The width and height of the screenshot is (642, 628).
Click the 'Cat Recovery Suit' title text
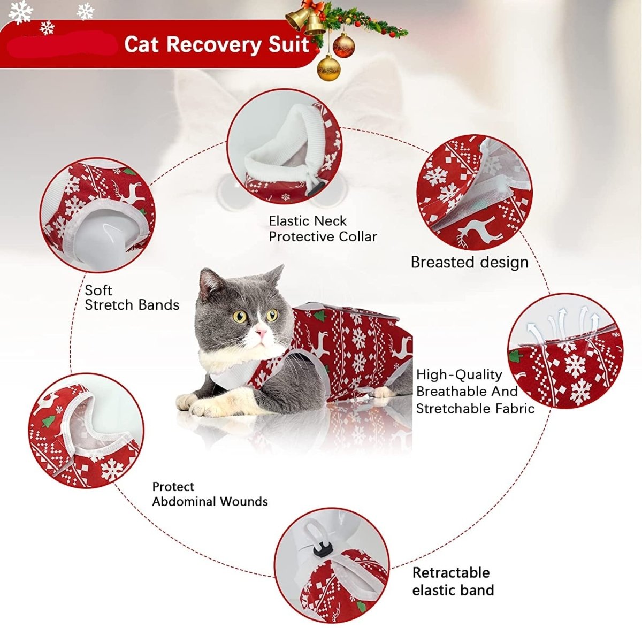click(x=217, y=44)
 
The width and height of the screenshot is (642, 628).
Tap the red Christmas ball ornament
click(x=343, y=45)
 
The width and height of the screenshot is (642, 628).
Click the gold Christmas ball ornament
click(x=328, y=68)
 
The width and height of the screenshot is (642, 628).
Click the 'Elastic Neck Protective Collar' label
click(x=323, y=228)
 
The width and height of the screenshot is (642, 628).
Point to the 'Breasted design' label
click(x=469, y=262)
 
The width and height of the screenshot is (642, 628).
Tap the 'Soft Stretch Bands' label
click(x=132, y=297)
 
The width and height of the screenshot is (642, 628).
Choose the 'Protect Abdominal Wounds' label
click(x=210, y=494)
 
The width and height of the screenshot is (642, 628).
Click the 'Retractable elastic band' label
click(x=453, y=581)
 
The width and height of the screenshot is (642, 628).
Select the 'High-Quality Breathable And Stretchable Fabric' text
click(x=475, y=392)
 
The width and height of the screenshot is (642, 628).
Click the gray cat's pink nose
click(x=261, y=333)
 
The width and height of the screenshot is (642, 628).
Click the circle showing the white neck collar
click(x=284, y=146)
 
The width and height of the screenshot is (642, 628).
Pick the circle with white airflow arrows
click(x=565, y=350)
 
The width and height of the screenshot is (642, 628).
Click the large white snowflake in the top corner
click(x=20, y=12)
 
